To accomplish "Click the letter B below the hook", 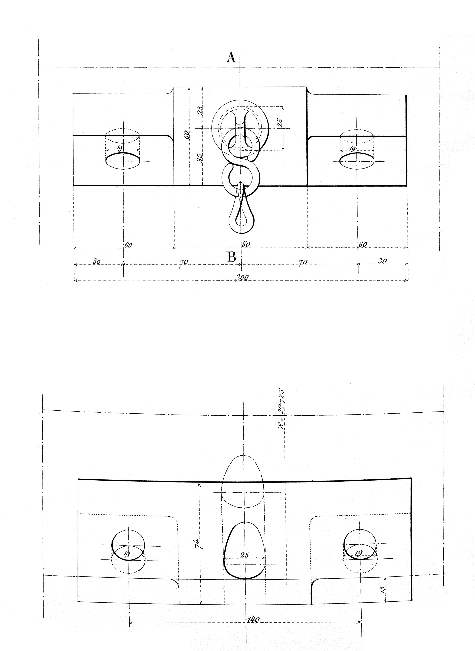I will (232, 257).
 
